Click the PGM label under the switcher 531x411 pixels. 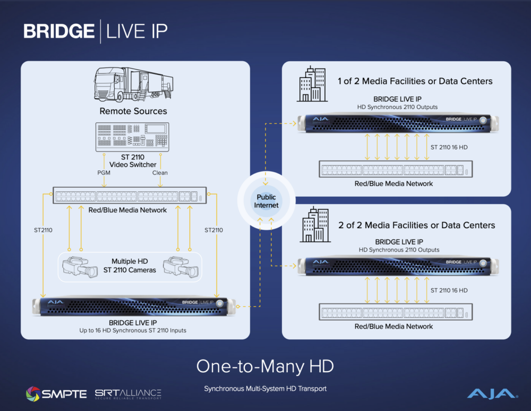104,172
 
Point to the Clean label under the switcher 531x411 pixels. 160,172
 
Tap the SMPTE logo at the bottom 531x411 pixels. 56,394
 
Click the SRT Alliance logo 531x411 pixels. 127,394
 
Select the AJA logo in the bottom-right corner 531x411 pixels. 491,394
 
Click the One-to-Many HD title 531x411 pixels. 265,366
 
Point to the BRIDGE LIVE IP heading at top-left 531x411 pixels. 96,31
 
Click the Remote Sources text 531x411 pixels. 133,111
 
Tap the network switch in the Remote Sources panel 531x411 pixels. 130,196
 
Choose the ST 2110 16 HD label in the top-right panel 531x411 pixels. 449,147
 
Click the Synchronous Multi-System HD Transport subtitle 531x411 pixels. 265,389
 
